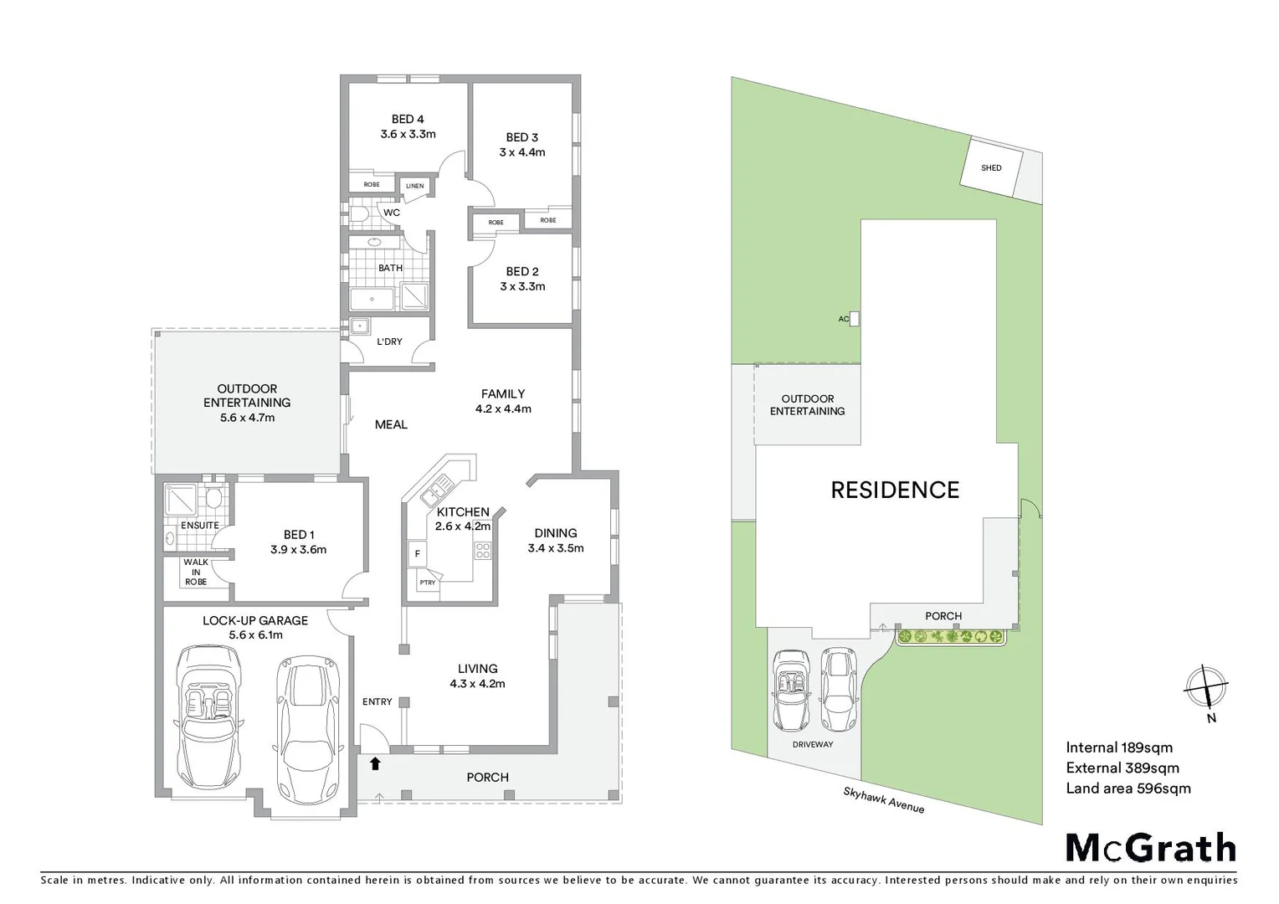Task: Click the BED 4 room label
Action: [x=408, y=120]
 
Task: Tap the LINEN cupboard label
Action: [x=414, y=186]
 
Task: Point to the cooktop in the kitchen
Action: [x=483, y=551]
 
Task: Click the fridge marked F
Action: [x=416, y=553]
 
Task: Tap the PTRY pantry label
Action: [x=427, y=583]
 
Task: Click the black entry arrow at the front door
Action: [x=375, y=763]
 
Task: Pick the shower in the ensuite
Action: [x=180, y=500]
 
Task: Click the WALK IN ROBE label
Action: [x=196, y=573]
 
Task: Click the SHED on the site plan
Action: [x=991, y=167]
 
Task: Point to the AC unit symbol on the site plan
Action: [x=854, y=319]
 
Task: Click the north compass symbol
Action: [x=1205, y=688]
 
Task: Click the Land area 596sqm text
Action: [x=1127, y=788]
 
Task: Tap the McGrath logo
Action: [x=1150, y=847]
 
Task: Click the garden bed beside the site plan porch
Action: [x=950, y=637]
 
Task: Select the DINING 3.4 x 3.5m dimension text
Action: [x=555, y=548]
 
